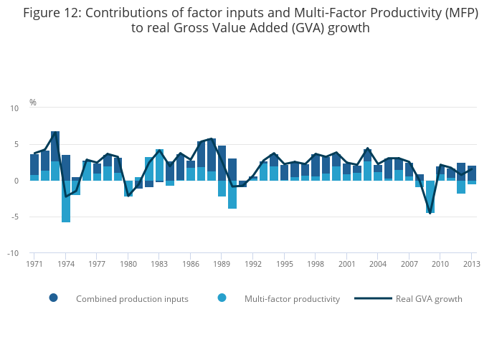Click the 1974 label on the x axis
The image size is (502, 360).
click(x=65, y=264)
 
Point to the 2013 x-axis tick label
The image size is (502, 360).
click(x=472, y=264)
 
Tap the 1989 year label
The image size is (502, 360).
click(x=222, y=264)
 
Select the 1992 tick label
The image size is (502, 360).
click(x=253, y=264)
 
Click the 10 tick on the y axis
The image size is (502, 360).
click(x=14, y=108)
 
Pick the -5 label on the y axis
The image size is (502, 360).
click(x=14, y=217)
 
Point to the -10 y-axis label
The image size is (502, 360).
click(x=13, y=252)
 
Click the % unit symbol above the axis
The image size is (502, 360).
click(x=33, y=103)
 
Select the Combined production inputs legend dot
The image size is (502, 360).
click(x=53, y=298)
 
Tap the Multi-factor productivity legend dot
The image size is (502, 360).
click(x=222, y=298)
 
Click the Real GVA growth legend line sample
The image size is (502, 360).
click(x=373, y=298)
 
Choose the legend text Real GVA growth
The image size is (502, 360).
click(x=429, y=298)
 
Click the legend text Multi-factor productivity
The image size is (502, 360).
click(x=292, y=298)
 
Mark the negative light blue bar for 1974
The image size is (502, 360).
click(x=66, y=202)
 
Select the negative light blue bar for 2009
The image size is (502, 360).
click(x=430, y=196)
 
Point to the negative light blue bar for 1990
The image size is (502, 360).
click(x=232, y=194)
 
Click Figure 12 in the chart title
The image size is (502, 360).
click(x=51, y=13)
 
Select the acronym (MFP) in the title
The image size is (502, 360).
click(x=459, y=13)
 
